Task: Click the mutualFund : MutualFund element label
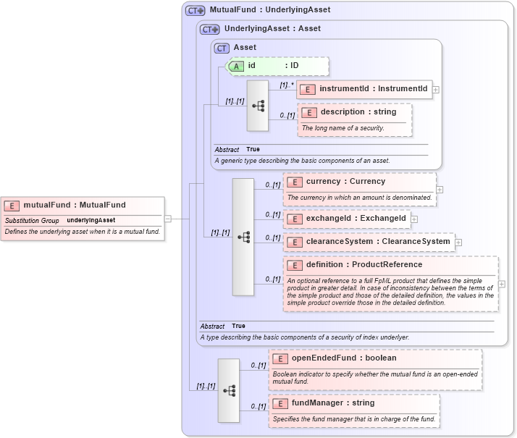tap(74, 205)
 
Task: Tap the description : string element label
tap(358, 112)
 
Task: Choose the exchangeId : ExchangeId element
tap(347, 218)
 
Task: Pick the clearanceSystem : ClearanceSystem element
tap(369, 242)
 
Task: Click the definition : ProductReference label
tap(363, 265)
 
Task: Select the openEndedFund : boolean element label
tap(343, 358)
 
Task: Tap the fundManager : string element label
tap(332, 403)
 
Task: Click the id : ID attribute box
tap(278, 66)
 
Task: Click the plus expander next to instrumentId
tap(436, 90)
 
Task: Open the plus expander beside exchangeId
tap(414, 218)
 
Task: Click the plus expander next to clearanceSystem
tap(458, 242)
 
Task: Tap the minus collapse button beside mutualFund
tap(168, 218)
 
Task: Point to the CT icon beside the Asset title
tap(222, 48)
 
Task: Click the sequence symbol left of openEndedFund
tap(229, 390)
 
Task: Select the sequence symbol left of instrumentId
tap(258, 106)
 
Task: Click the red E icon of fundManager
tap(279, 403)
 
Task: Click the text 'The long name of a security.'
tap(342, 128)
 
